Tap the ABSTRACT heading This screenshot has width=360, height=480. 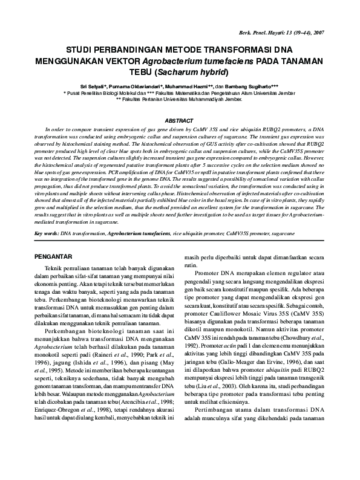pyautogui.click(x=179, y=121)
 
